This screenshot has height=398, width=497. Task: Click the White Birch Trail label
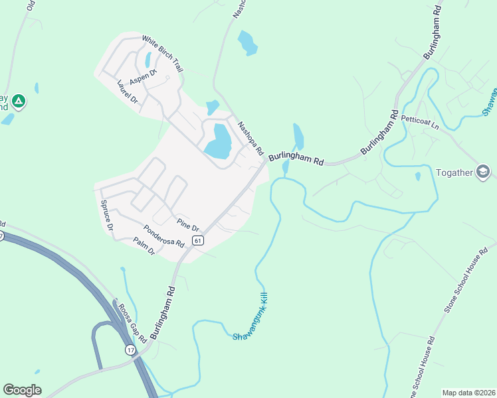click(x=162, y=54)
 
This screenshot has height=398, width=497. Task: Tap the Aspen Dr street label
click(x=142, y=77)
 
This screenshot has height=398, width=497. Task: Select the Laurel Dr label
click(x=126, y=92)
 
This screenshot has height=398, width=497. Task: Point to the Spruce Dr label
click(x=106, y=216)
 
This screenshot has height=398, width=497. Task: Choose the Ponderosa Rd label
click(x=163, y=235)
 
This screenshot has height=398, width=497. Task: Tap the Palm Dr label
click(x=144, y=246)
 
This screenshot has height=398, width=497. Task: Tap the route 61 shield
click(x=197, y=240)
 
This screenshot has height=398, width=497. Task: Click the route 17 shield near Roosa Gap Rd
click(x=129, y=349)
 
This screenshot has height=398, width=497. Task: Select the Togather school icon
click(x=483, y=173)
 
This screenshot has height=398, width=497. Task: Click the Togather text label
click(x=454, y=173)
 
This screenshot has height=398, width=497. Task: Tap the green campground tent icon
click(x=19, y=101)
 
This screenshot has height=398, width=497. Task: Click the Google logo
click(x=22, y=390)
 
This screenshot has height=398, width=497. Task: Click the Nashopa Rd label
click(x=251, y=135)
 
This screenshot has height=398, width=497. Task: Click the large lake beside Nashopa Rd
click(x=217, y=141)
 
